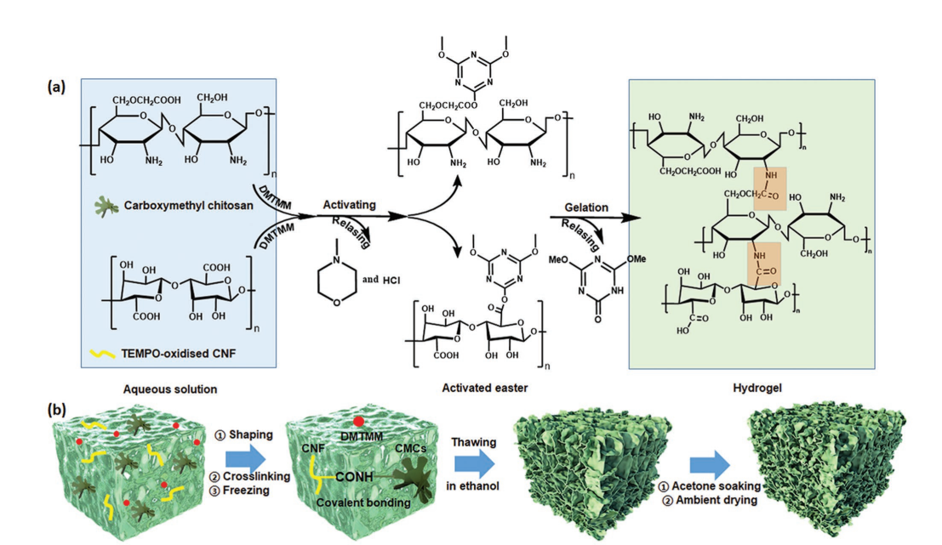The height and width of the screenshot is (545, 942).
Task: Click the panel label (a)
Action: [57, 87]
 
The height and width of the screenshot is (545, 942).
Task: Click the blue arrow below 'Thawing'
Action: [473, 465]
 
